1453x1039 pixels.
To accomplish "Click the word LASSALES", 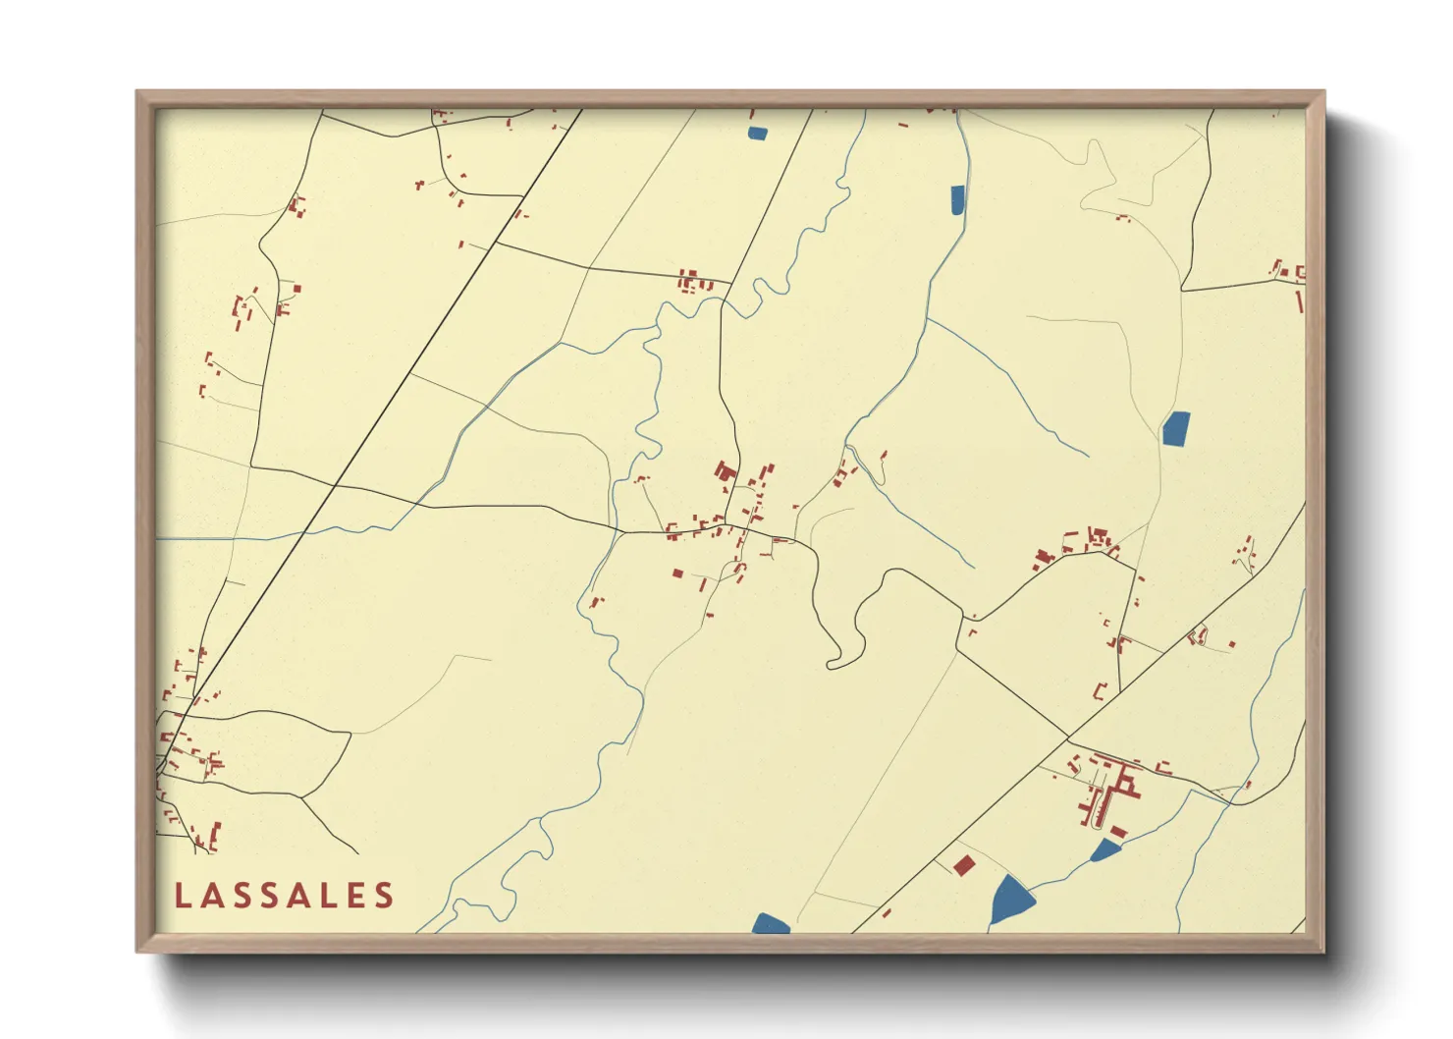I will [285, 896].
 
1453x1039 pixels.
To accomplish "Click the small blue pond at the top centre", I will [757, 133].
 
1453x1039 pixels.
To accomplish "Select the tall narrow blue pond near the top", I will [957, 199].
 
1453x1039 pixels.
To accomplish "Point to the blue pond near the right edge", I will [1175, 428].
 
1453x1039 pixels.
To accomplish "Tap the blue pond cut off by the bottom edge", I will [771, 923].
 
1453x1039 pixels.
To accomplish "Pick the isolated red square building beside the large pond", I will [964, 864].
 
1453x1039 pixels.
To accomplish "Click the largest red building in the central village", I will [726, 472].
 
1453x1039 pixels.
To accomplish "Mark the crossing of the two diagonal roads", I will [1069, 737].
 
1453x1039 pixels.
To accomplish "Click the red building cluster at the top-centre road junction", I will [690, 281].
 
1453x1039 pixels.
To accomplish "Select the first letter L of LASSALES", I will [183, 896].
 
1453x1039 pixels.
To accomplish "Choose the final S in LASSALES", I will [384, 896].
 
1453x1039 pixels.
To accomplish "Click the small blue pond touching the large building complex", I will [1105, 849].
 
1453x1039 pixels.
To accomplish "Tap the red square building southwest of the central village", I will [677, 573].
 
